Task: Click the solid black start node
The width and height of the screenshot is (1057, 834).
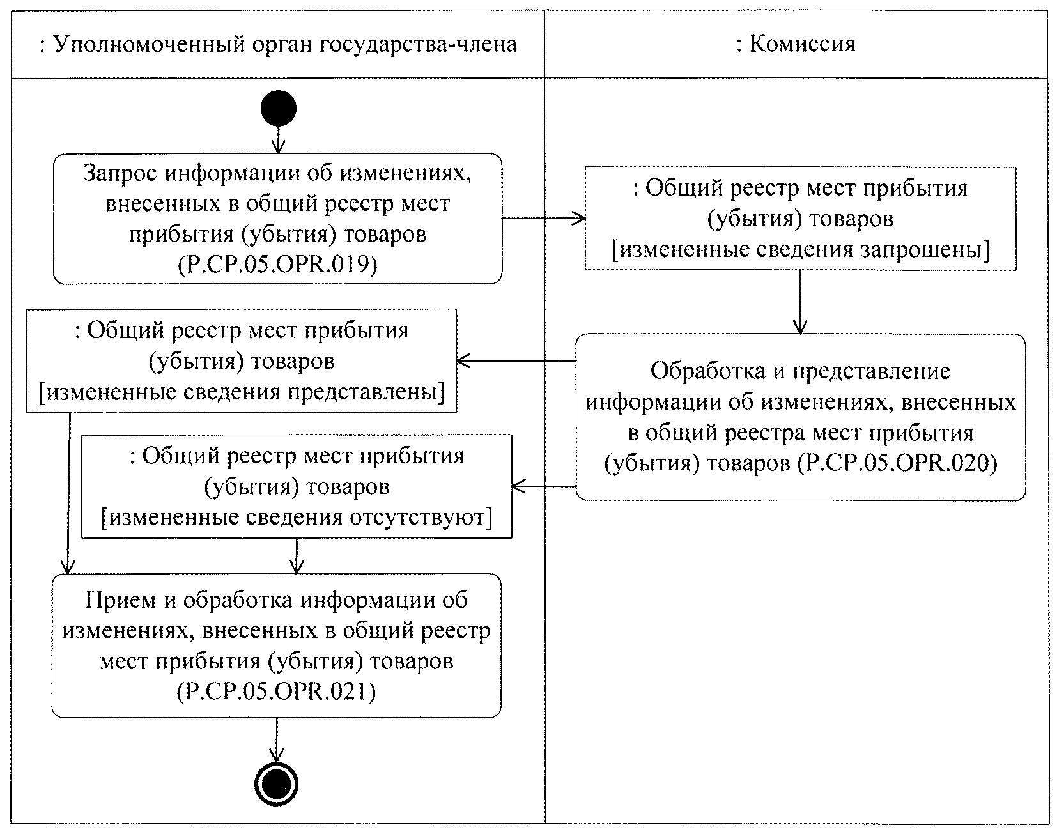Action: (x=279, y=109)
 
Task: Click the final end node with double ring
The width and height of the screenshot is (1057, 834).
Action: (x=277, y=784)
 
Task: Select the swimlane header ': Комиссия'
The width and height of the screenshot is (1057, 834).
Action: (x=796, y=44)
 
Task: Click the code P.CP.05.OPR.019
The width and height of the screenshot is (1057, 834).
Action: (x=277, y=264)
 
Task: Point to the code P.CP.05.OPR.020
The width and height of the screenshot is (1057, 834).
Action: (x=898, y=463)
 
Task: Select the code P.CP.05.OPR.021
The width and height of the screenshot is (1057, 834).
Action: (x=276, y=691)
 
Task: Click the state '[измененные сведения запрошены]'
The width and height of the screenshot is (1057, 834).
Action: (x=800, y=249)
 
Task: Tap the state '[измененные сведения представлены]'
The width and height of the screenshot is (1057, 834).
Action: (x=242, y=391)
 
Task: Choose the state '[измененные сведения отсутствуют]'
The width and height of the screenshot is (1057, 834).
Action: (x=297, y=517)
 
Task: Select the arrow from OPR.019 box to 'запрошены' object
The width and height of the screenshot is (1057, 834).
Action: (x=543, y=219)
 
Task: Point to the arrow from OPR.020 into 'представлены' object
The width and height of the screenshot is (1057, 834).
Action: (x=516, y=361)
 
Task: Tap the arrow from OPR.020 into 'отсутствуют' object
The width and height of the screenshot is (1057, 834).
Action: (x=544, y=486)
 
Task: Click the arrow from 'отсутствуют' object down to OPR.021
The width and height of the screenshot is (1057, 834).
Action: (x=297, y=555)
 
